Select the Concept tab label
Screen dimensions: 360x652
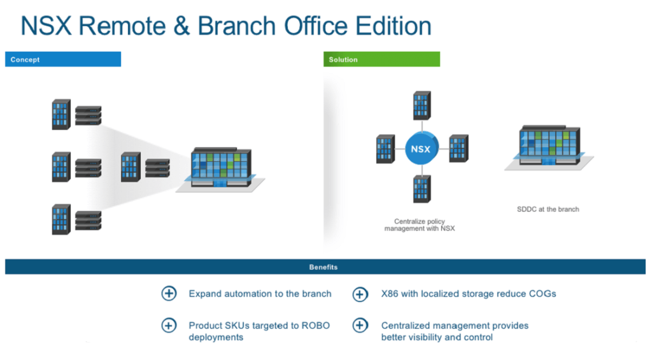25,59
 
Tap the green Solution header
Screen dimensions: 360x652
343,59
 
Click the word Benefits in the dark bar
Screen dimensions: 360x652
323,267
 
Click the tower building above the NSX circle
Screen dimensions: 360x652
421,105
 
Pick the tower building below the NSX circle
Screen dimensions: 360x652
421,189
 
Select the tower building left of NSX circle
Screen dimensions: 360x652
385,148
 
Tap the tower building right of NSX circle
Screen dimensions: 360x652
458,148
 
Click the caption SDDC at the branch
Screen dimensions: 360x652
548,209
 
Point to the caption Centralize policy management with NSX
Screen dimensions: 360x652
420,225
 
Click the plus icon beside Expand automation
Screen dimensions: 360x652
169,294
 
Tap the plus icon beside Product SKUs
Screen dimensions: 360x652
169,326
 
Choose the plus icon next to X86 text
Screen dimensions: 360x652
360,294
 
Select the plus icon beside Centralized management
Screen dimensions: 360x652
360,326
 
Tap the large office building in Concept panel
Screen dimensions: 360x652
220,168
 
